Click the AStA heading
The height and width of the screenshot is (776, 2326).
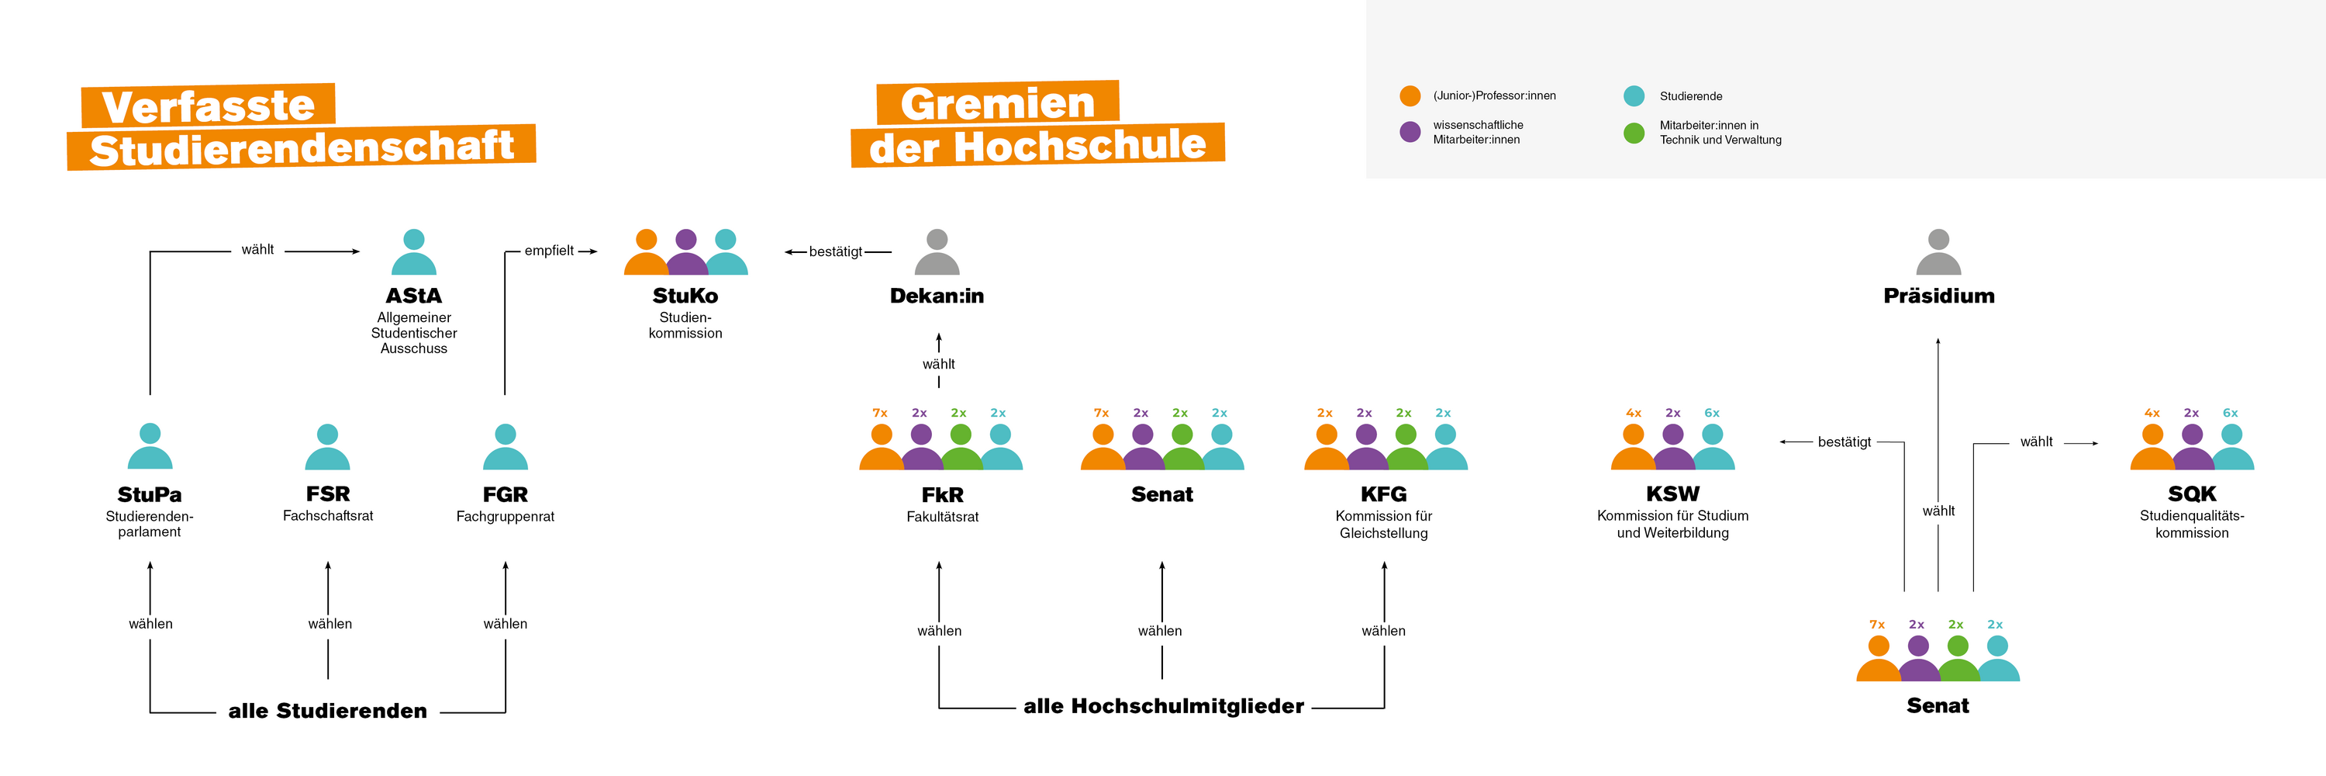pyautogui.click(x=413, y=296)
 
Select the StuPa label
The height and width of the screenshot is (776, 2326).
pyautogui.click(x=149, y=494)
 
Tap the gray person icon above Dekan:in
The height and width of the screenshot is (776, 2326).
pyautogui.click(x=937, y=252)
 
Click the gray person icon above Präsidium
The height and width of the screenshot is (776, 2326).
pyautogui.click(x=1938, y=252)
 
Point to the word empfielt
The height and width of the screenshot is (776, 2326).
pyautogui.click(x=549, y=250)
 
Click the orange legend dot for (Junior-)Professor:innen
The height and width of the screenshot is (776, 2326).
pyautogui.click(x=1410, y=95)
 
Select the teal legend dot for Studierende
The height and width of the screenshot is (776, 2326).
pyautogui.click(x=1634, y=95)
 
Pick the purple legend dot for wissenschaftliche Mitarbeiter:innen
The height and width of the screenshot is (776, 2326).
pyautogui.click(x=1410, y=132)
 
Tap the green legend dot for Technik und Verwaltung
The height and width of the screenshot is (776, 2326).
pyautogui.click(x=1634, y=133)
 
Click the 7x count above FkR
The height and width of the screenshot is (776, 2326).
pyautogui.click(x=879, y=413)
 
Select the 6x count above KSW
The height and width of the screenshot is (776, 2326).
pyautogui.click(x=1711, y=413)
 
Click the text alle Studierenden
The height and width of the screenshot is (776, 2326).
pyautogui.click(x=327, y=711)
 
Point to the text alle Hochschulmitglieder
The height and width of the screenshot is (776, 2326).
pyautogui.click(x=1163, y=705)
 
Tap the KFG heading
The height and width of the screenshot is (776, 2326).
pyautogui.click(x=1383, y=494)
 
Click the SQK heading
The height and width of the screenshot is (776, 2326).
pyautogui.click(x=2191, y=494)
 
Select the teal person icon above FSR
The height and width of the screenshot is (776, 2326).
pyautogui.click(x=328, y=447)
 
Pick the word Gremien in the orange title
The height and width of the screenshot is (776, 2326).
pyautogui.click(x=997, y=103)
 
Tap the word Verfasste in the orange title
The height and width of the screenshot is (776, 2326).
pyautogui.click(x=208, y=106)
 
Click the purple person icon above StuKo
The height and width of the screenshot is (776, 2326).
pyautogui.click(x=686, y=252)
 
